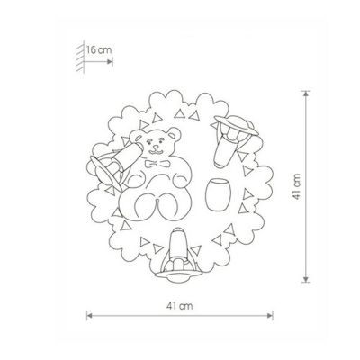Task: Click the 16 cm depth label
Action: (99, 49)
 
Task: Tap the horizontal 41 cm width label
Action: (180, 306)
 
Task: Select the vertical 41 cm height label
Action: (297, 186)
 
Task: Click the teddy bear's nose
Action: (156, 148)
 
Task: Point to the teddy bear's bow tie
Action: (157, 164)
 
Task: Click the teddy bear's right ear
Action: (174, 134)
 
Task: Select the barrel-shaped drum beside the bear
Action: (218, 194)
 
